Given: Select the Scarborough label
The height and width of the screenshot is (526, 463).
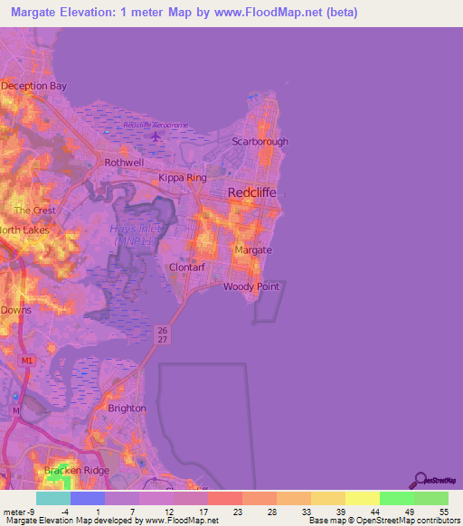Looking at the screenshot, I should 260,143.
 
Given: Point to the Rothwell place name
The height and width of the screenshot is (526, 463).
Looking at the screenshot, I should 124,163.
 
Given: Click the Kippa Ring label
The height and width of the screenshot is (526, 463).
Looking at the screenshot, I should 183,178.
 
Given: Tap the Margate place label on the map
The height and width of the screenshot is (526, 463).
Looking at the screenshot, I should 253,249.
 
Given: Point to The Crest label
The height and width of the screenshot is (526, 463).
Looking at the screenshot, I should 34,211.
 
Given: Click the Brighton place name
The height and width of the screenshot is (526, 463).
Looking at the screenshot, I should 127,409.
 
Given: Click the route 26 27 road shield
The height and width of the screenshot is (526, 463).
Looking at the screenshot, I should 161,333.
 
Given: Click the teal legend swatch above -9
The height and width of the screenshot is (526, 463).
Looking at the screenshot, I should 52,498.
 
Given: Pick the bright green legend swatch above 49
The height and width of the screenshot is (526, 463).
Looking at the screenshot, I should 396,498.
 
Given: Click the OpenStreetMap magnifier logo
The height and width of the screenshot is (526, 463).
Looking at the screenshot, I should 421,480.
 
